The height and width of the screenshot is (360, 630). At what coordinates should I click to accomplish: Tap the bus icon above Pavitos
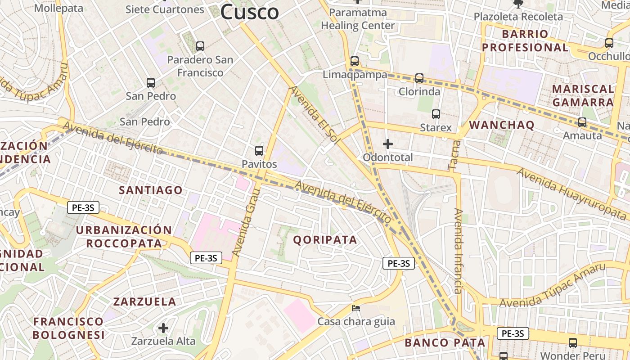tap(259, 151)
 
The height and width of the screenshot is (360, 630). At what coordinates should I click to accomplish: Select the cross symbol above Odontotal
tap(387, 144)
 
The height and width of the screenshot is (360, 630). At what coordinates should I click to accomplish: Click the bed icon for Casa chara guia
tap(355, 309)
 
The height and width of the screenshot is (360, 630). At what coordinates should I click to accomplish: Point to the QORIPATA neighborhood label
tap(325, 240)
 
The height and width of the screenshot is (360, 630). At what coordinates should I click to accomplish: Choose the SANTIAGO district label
tap(151, 190)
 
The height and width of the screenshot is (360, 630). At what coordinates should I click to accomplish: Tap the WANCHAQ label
tap(502, 125)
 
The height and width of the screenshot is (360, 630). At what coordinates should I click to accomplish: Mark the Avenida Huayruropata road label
tap(571, 191)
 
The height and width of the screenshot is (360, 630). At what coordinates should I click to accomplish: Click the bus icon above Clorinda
tap(419, 78)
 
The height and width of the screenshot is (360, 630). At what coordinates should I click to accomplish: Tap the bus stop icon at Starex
tap(436, 114)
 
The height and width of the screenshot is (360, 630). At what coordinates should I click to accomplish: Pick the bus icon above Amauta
tap(582, 122)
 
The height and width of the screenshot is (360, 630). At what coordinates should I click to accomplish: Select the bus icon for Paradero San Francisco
tap(200, 46)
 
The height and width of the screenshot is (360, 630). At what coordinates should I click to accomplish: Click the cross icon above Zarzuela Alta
tap(163, 328)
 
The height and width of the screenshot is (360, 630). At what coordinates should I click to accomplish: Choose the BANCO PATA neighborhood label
tap(445, 342)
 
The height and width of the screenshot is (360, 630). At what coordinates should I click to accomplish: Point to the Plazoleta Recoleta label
tap(518, 17)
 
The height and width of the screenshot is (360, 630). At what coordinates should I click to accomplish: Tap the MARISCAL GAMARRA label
tap(583, 95)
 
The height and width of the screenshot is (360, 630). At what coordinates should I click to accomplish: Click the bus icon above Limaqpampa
tap(355, 61)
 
